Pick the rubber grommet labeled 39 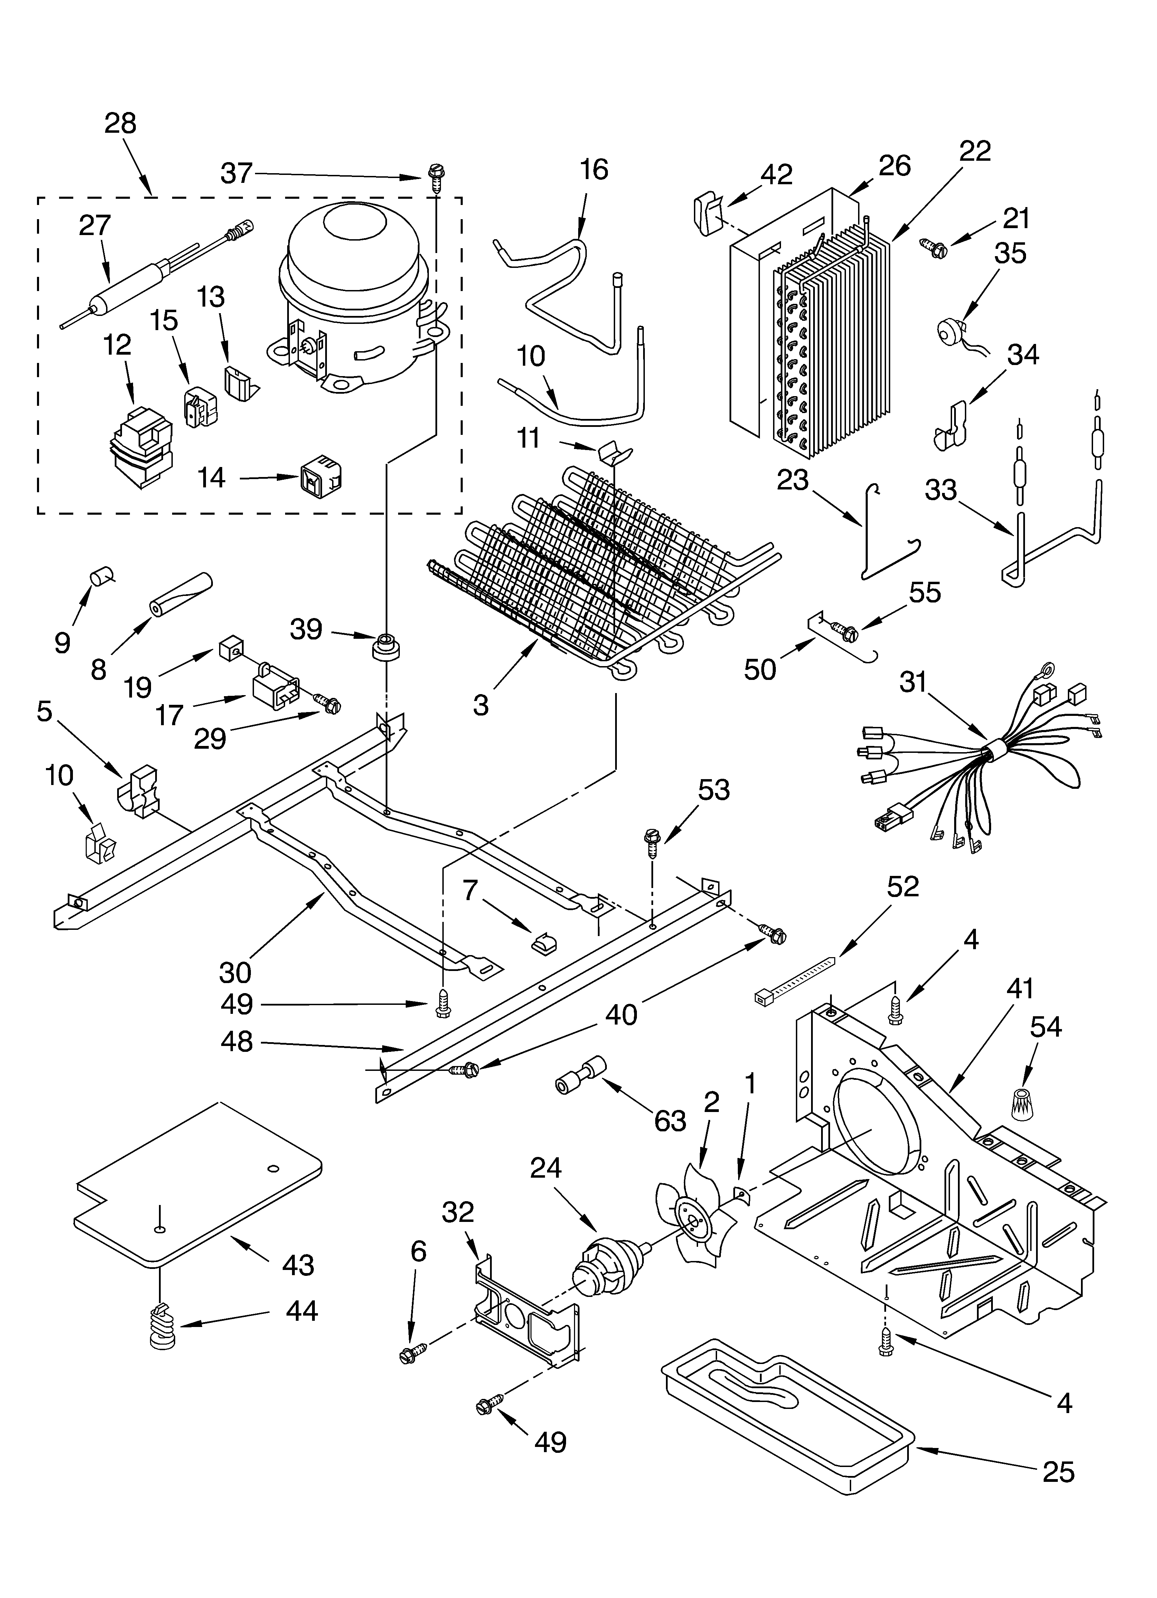point(385,646)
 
